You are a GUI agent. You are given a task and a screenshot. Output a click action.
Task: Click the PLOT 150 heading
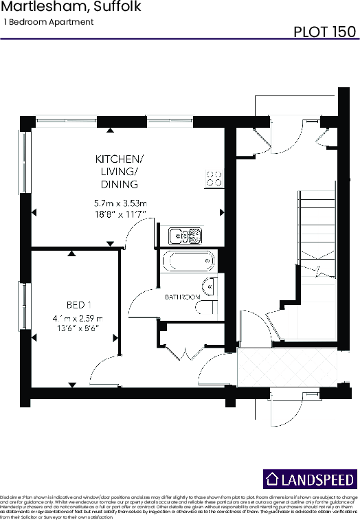coord(324,32)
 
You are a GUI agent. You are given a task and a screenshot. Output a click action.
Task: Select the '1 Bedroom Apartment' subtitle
coord(48,22)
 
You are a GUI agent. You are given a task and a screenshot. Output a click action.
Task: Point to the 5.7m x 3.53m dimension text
coord(121,203)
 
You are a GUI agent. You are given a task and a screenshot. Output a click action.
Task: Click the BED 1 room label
coord(79,304)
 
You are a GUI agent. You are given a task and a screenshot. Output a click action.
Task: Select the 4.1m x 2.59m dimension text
coord(76,319)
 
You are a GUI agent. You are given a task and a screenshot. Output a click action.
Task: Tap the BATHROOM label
coord(182,297)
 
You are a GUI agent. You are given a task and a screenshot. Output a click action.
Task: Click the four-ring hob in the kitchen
coord(214,179)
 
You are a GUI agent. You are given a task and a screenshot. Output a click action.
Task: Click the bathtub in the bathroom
coord(188,262)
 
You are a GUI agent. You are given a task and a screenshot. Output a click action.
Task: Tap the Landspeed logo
coord(310,479)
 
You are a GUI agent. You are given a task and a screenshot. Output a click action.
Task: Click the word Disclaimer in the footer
coord(11,495)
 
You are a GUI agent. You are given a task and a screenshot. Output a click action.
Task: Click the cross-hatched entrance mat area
coord(288,370)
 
